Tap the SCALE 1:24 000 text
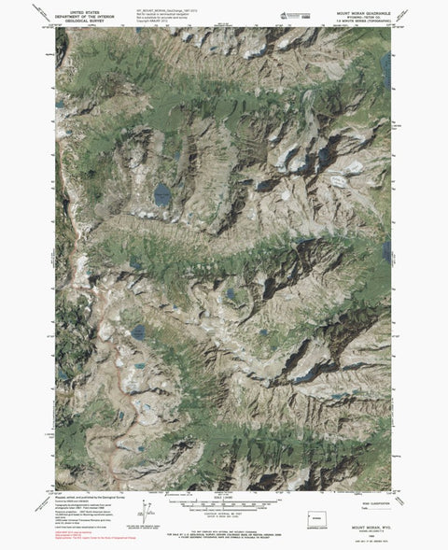(x=224, y=496)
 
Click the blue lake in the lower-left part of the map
(x=137, y=331)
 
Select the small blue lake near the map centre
(x=230, y=296)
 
